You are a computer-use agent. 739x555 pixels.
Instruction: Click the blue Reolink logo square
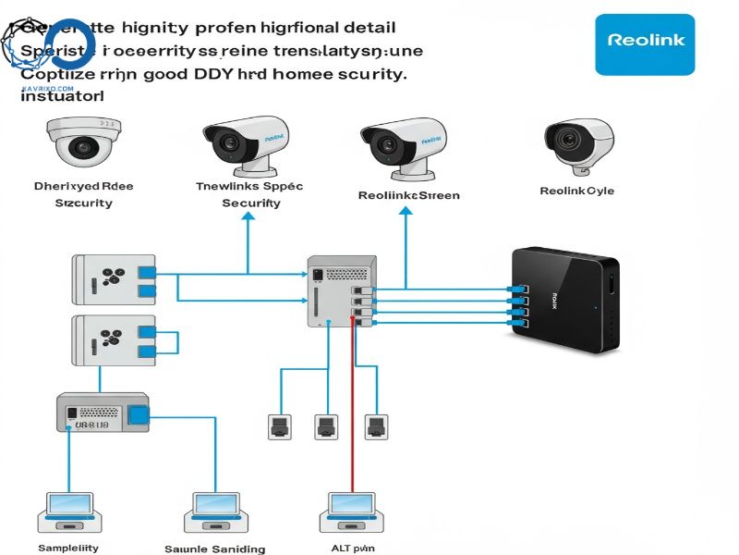point(645,43)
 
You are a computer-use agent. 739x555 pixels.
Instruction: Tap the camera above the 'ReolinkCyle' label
point(578,144)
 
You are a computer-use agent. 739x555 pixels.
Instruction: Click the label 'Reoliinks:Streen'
point(408,195)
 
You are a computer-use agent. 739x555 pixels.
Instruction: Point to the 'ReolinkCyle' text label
point(576,191)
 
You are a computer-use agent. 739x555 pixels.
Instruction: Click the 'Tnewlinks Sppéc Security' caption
point(250,194)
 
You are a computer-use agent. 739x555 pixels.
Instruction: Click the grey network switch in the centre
point(342,290)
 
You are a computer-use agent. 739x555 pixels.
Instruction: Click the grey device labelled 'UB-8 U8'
point(103,413)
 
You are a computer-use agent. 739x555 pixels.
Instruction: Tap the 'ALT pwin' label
point(352,549)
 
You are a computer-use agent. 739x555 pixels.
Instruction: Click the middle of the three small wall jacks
point(325,426)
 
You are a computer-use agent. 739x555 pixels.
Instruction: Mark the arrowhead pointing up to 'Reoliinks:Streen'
point(405,212)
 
